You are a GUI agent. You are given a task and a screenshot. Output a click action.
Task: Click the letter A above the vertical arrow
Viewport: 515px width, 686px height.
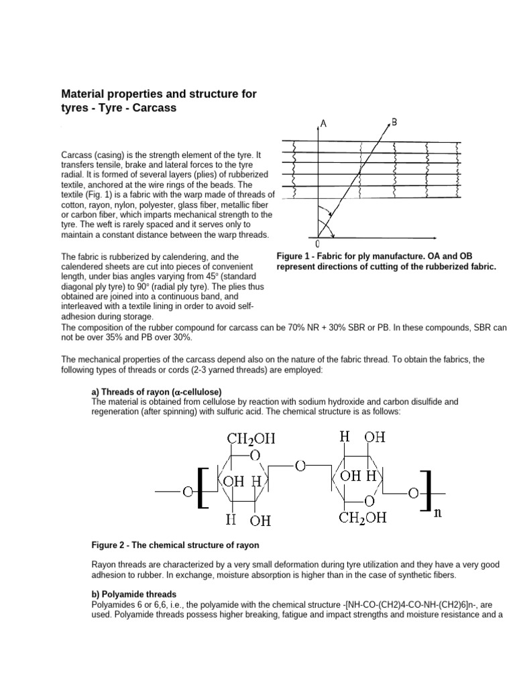tap(324, 123)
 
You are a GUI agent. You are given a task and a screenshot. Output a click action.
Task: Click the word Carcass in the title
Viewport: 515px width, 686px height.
tap(156, 107)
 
